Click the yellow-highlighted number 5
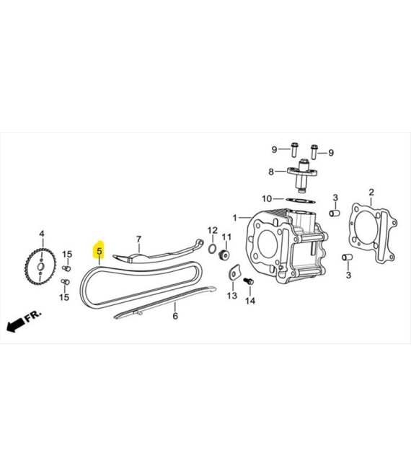click(100, 252)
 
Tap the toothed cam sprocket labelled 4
click(40, 267)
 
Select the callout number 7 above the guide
click(138, 239)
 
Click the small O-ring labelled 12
click(213, 249)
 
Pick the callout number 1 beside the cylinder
click(234, 218)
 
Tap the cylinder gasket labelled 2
click(374, 234)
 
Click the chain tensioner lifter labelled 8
click(302, 175)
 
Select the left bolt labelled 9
click(294, 150)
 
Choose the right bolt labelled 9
click(314, 151)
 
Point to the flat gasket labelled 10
click(301, 200)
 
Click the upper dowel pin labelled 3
click(334, 213)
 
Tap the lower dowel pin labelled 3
click(348, 257)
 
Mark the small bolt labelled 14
click(249, 281)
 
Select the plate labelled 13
click(234, 272)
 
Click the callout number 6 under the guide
click(175, 316)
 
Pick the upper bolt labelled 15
click(66, 268)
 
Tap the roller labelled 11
click(224, 255)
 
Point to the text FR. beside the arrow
click(33, 316)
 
